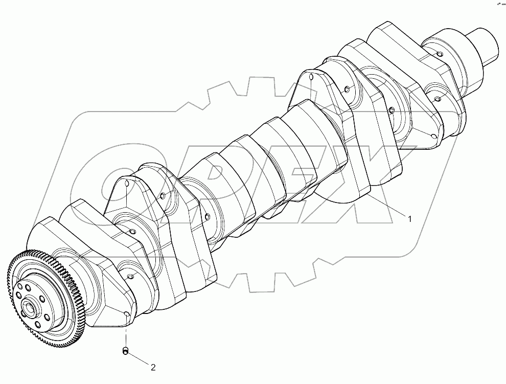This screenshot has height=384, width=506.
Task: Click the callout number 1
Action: pos(409,219)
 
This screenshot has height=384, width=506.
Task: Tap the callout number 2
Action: pos(152,366)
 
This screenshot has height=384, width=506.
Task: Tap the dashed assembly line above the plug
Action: pos(125,335)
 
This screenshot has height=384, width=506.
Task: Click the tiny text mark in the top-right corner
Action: pos(498,4)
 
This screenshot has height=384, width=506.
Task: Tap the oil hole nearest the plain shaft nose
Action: pos(439,53)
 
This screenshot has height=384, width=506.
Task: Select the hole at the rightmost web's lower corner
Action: pos(434,136)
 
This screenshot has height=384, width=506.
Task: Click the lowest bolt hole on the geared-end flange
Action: pos(39,324)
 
